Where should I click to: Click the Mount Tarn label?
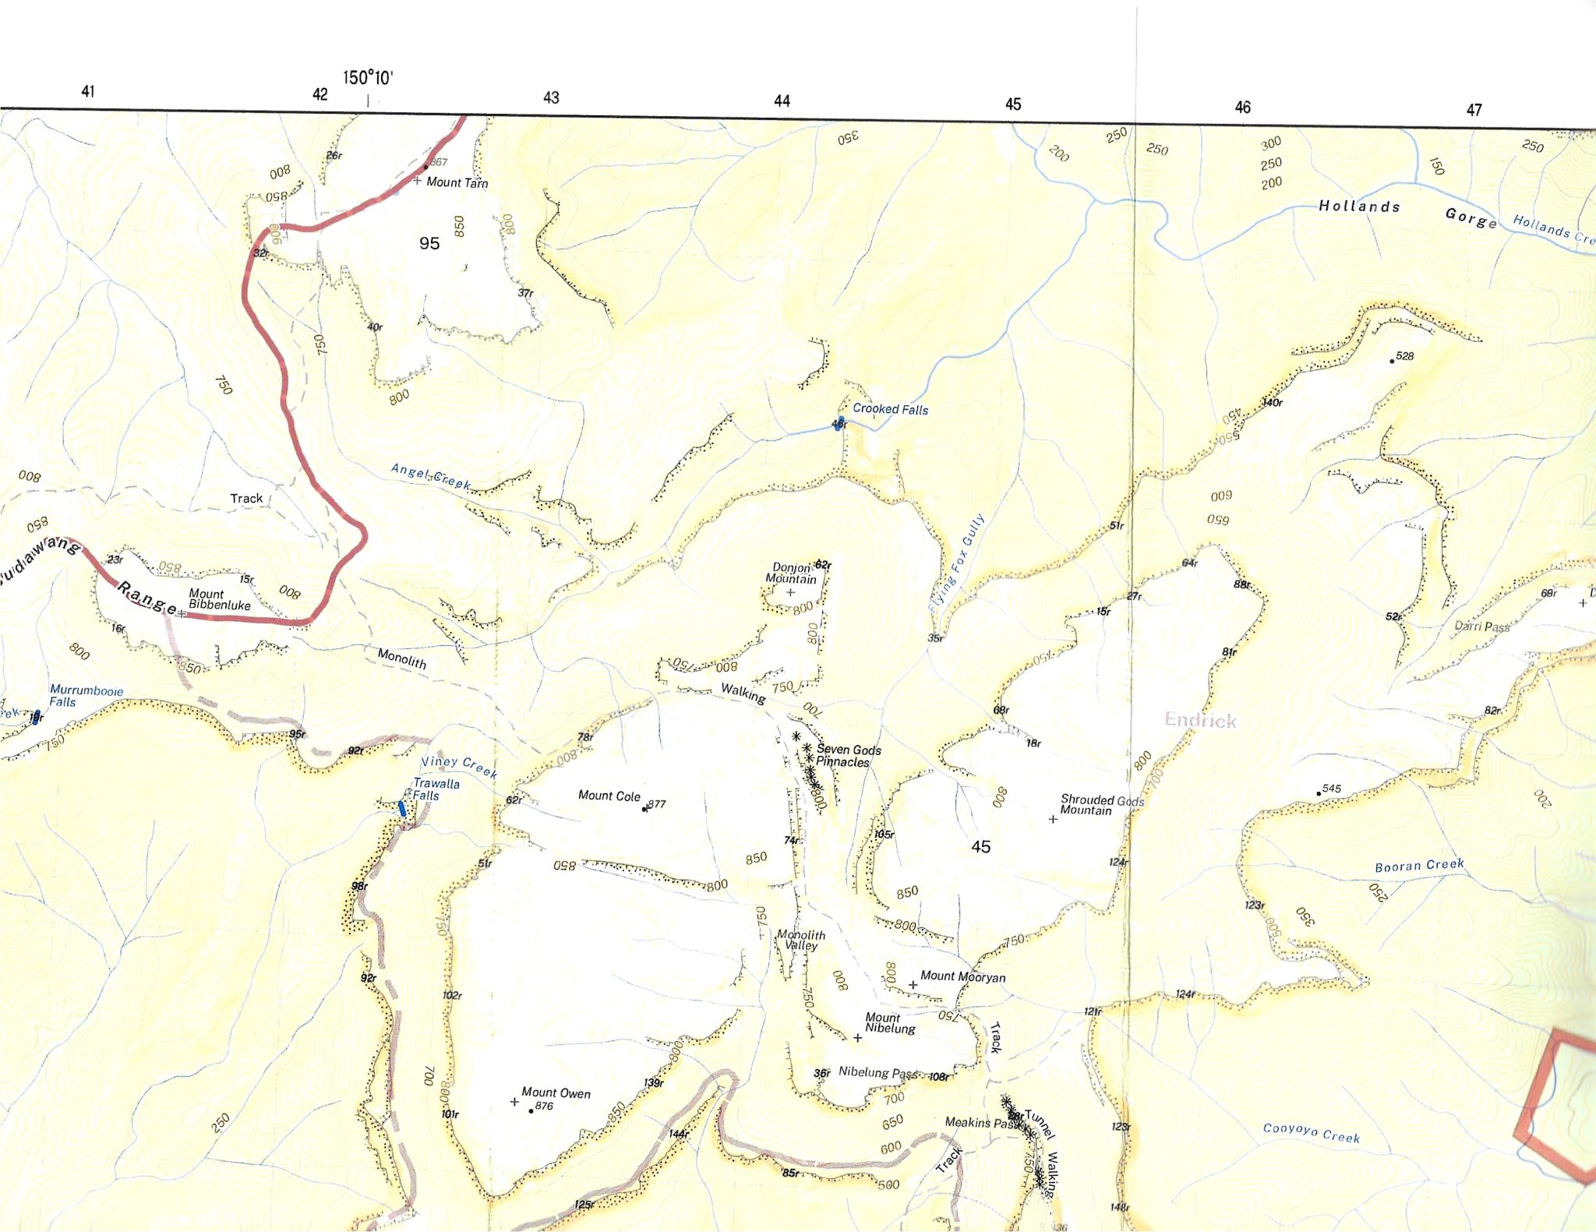[x=457, y=182]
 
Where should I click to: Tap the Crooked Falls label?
[x=890, y=409]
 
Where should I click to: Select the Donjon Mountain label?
[x=791, y=574]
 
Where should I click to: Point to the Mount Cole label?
[x=609, y=796]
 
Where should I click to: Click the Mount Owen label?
[x=556, y=1093]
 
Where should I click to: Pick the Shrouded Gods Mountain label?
[x=1101, y=805]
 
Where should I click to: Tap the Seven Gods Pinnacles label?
[x=848, y=756]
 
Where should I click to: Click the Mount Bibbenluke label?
[x=219, y=599]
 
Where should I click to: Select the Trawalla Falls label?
[x=436, y=789]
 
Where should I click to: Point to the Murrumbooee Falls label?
[x=86, y=696]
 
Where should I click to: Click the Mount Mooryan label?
[x=962, y=976]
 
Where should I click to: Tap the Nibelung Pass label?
[x=877, y=1073]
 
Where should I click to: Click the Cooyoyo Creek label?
[x=1311, y=1132]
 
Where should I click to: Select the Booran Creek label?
[x=1419, y=866]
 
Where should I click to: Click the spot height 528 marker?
[x=1393, y=361]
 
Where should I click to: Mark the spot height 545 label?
[x=1332, y=789]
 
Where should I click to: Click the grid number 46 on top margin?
[x=1242, y=108]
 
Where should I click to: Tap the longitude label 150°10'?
[x=368, y=78]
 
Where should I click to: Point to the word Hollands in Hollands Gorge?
[x=1359, y=207]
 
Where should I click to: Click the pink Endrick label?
[x=1200, y=720]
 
